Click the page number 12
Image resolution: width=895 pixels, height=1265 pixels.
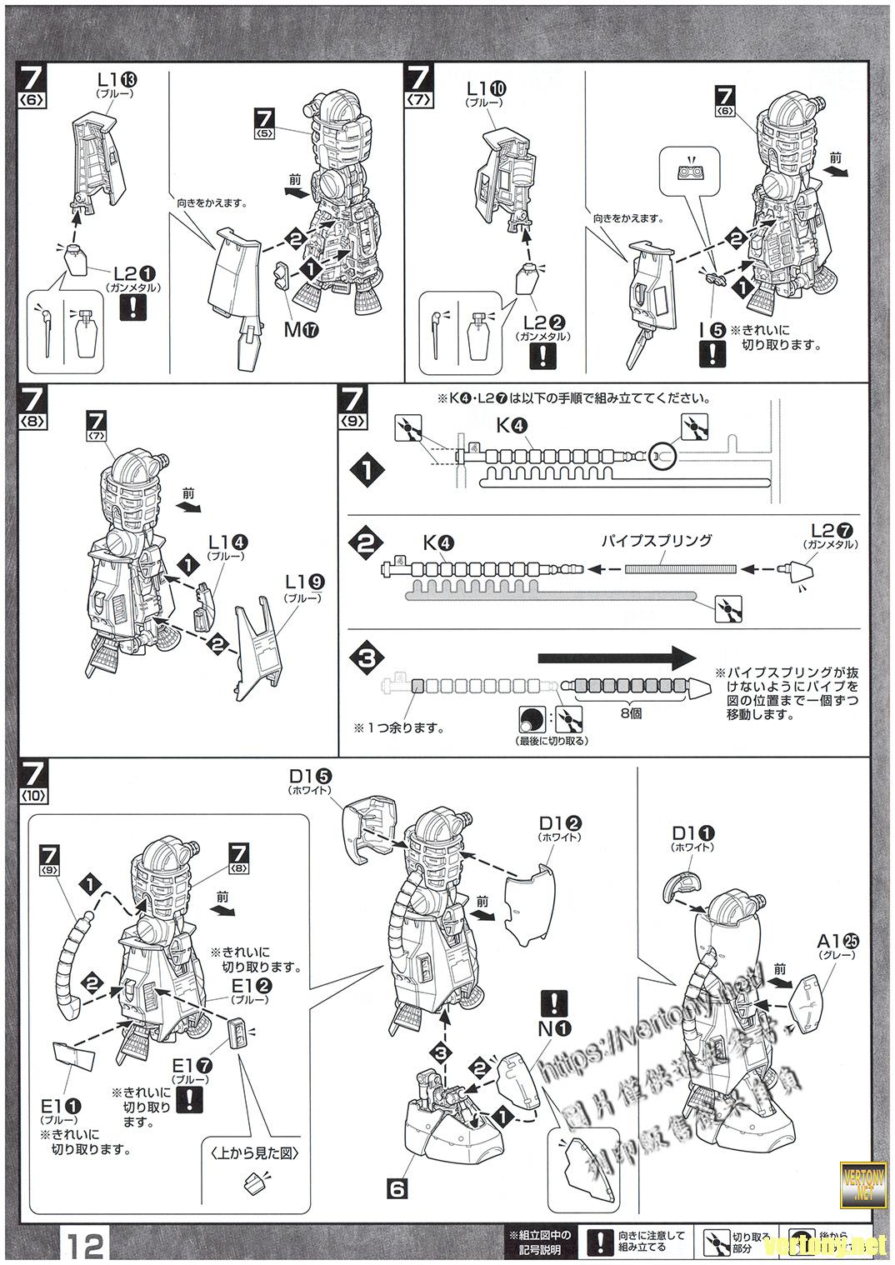pos(85,1246)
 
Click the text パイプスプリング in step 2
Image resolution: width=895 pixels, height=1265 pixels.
pos(657,540)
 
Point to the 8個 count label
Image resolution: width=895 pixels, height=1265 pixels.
pos(630,713)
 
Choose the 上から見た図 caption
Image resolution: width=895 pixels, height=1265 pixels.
pos(254,1153)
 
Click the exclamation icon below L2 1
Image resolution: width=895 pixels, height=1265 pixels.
pos(132,308)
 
